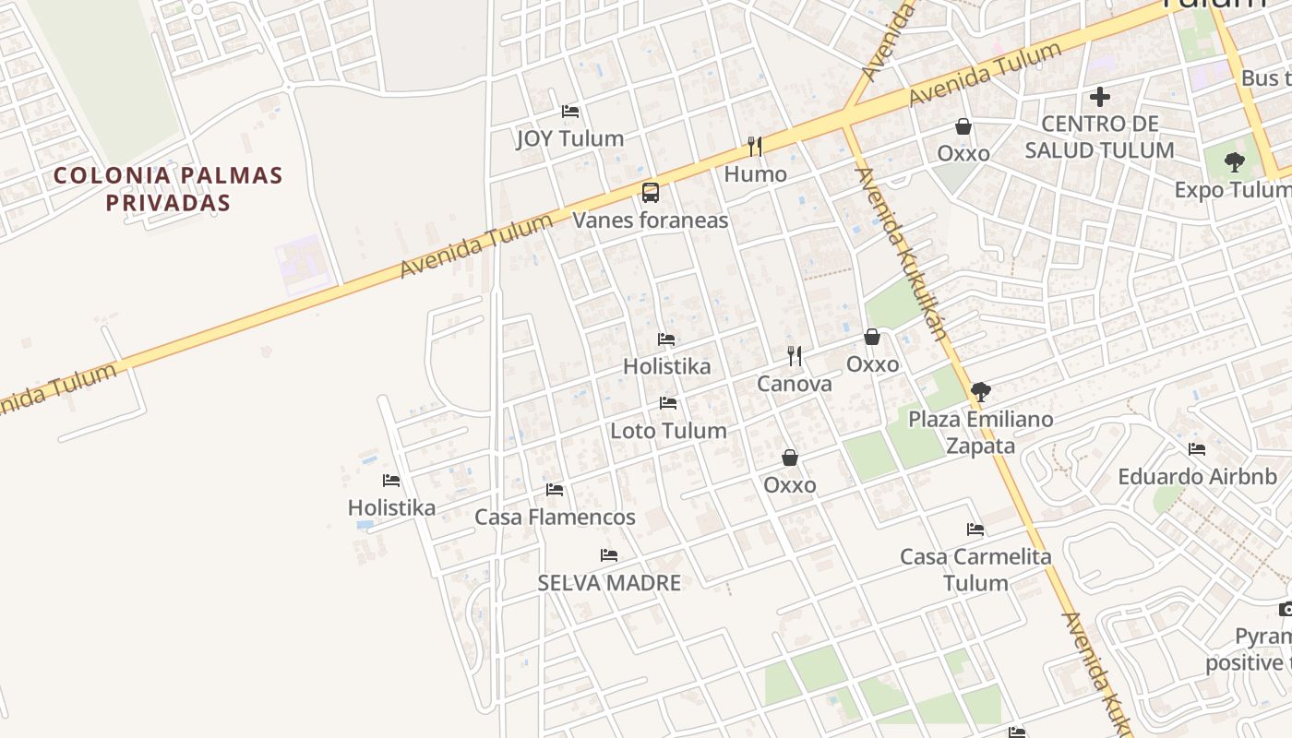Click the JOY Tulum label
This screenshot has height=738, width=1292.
[x=569, y=138]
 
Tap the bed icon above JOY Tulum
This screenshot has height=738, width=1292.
[x=570, y=112]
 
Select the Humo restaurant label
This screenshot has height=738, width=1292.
[x=755, y=174]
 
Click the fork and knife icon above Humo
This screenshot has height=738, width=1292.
[x=755, y=146]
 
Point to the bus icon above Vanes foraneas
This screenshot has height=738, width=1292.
[x=651, y=193]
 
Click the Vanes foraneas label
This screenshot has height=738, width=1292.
[x=651, y=220]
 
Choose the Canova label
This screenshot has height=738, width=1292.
[x=794, y=384]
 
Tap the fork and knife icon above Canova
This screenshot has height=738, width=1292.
[x=794, y=355]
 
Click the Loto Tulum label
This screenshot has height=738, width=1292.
[x=668, y=431]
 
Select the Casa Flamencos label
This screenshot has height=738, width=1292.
[x=555, y=517]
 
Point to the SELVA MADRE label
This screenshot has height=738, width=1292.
[x=609, y=583]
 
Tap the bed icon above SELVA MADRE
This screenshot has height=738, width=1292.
[x=609, y=555]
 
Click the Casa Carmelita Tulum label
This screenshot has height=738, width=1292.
[x=975, y=569]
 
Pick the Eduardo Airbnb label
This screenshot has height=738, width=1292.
[x=1197, y=477]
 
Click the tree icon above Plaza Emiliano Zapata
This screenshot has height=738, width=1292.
[x=980, y=392]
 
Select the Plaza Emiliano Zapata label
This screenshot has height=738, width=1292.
[x=980, y=432]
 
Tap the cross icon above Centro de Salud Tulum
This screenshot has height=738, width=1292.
[x=1099, y=96]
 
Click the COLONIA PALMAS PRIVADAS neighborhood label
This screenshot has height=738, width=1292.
[x=168, y=188]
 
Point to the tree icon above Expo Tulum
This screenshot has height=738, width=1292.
[x=1234, y=163]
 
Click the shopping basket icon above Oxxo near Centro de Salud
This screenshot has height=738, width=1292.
[x=963, y=126]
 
